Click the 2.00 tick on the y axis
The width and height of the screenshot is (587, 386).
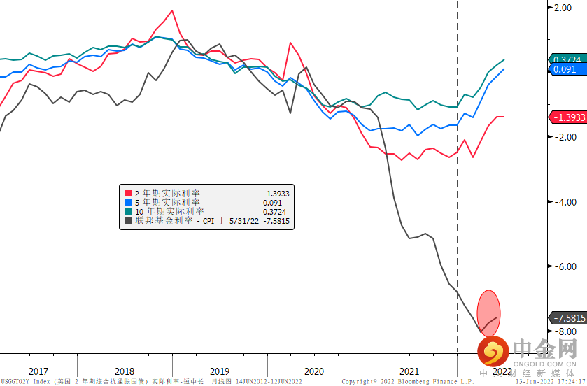(563, 8)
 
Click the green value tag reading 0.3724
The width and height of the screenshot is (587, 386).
(567, 60)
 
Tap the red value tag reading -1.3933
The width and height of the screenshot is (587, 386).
(567, 117)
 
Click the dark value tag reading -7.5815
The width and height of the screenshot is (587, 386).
(567, 317)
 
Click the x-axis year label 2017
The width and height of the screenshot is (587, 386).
(38, 371)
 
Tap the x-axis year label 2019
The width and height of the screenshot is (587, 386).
(219, 371)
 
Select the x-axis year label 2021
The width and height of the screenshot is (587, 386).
(409, 371)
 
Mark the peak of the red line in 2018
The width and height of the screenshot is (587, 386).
(171, 11)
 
